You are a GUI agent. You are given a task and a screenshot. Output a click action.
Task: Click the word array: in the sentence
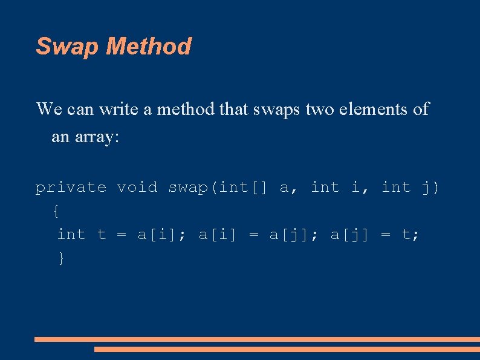[97, 137]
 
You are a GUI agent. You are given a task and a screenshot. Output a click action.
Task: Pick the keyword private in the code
[71, 188]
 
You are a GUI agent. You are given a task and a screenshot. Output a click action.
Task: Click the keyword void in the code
[137, 188]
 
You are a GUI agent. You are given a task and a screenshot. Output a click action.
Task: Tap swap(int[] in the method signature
[218, 188]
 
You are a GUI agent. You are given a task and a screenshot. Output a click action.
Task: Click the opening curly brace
[56, 211]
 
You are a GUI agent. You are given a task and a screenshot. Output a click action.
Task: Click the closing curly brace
[60, 258]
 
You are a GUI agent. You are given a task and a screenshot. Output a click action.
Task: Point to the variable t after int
[102, 234]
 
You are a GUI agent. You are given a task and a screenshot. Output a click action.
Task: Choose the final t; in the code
[411, 234]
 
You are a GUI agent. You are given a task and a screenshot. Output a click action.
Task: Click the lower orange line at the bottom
[287, 349]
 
